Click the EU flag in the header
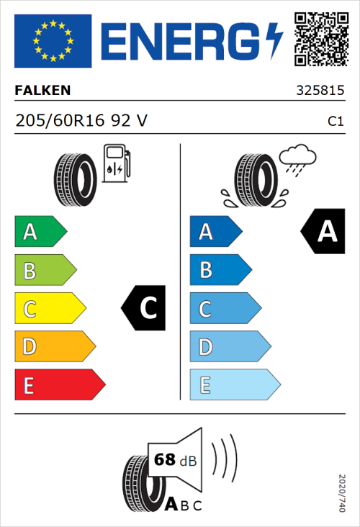coord(53,41)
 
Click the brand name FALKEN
coord(43,91)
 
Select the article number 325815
coord(320,91)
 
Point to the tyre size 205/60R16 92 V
coord(81,121)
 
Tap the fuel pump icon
coord(115,163)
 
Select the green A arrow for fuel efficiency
coord(40,232)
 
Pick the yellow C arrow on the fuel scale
coord(49,310)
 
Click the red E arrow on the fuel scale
coord(59,385)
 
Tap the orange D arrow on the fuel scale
coord(54,348)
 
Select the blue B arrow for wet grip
coord(220,271)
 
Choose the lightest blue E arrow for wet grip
coord(234,385)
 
